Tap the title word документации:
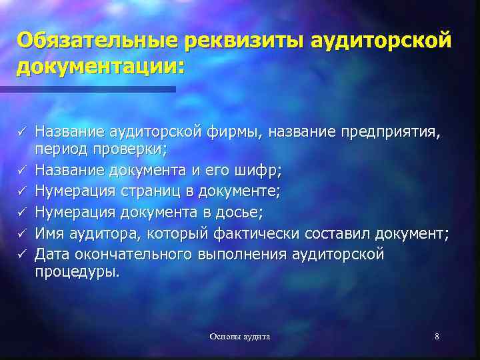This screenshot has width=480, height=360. [x=99, y=67]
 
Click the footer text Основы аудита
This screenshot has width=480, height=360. [x=239, y=337]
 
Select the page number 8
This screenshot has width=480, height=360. [x=437, y=337]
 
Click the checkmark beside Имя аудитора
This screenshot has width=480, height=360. [x=23, y=234]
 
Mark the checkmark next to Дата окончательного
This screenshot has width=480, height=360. [x=23, y=255]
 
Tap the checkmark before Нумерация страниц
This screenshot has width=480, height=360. [x=23, y=193]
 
